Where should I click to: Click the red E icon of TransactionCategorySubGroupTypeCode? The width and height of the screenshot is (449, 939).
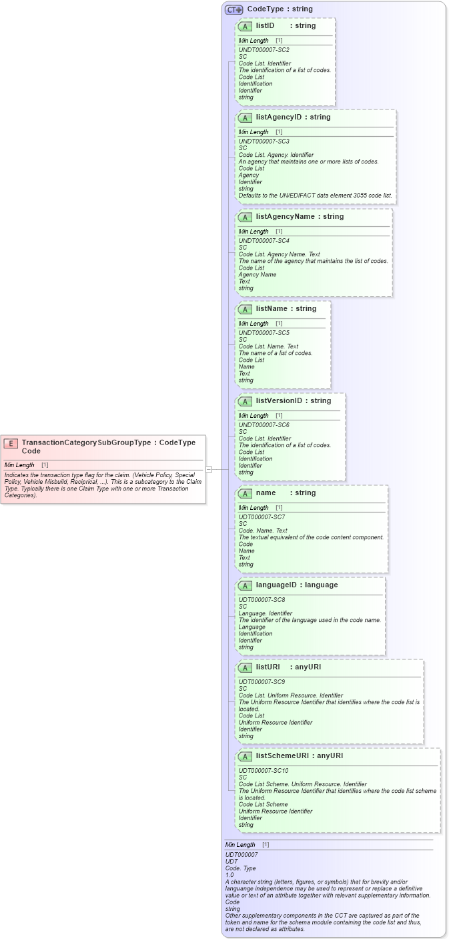coord(11,443)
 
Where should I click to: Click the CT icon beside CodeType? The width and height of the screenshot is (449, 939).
coord(234,9)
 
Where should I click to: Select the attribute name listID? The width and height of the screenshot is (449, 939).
coord(265,25)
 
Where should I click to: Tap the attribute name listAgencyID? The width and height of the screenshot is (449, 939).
coord(279,117)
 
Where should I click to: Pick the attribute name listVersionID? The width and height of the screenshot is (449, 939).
coord(279,400)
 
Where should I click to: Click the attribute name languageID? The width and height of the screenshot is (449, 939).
coord(277,585)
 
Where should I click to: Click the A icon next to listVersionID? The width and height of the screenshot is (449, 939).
coord(245,401)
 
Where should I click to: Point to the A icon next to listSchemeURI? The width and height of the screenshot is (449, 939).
coord(245,756)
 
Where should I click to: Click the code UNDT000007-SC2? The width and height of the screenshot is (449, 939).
coord(264,50)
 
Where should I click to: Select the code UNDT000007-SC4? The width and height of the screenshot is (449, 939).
coord(264,241)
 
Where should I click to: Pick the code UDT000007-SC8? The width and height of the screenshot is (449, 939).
coord(262,600)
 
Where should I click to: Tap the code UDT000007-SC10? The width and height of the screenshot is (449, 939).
coord(264,771)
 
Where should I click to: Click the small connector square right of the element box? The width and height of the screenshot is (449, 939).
coord(209,469)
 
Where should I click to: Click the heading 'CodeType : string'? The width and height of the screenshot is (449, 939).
coord(280,9)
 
